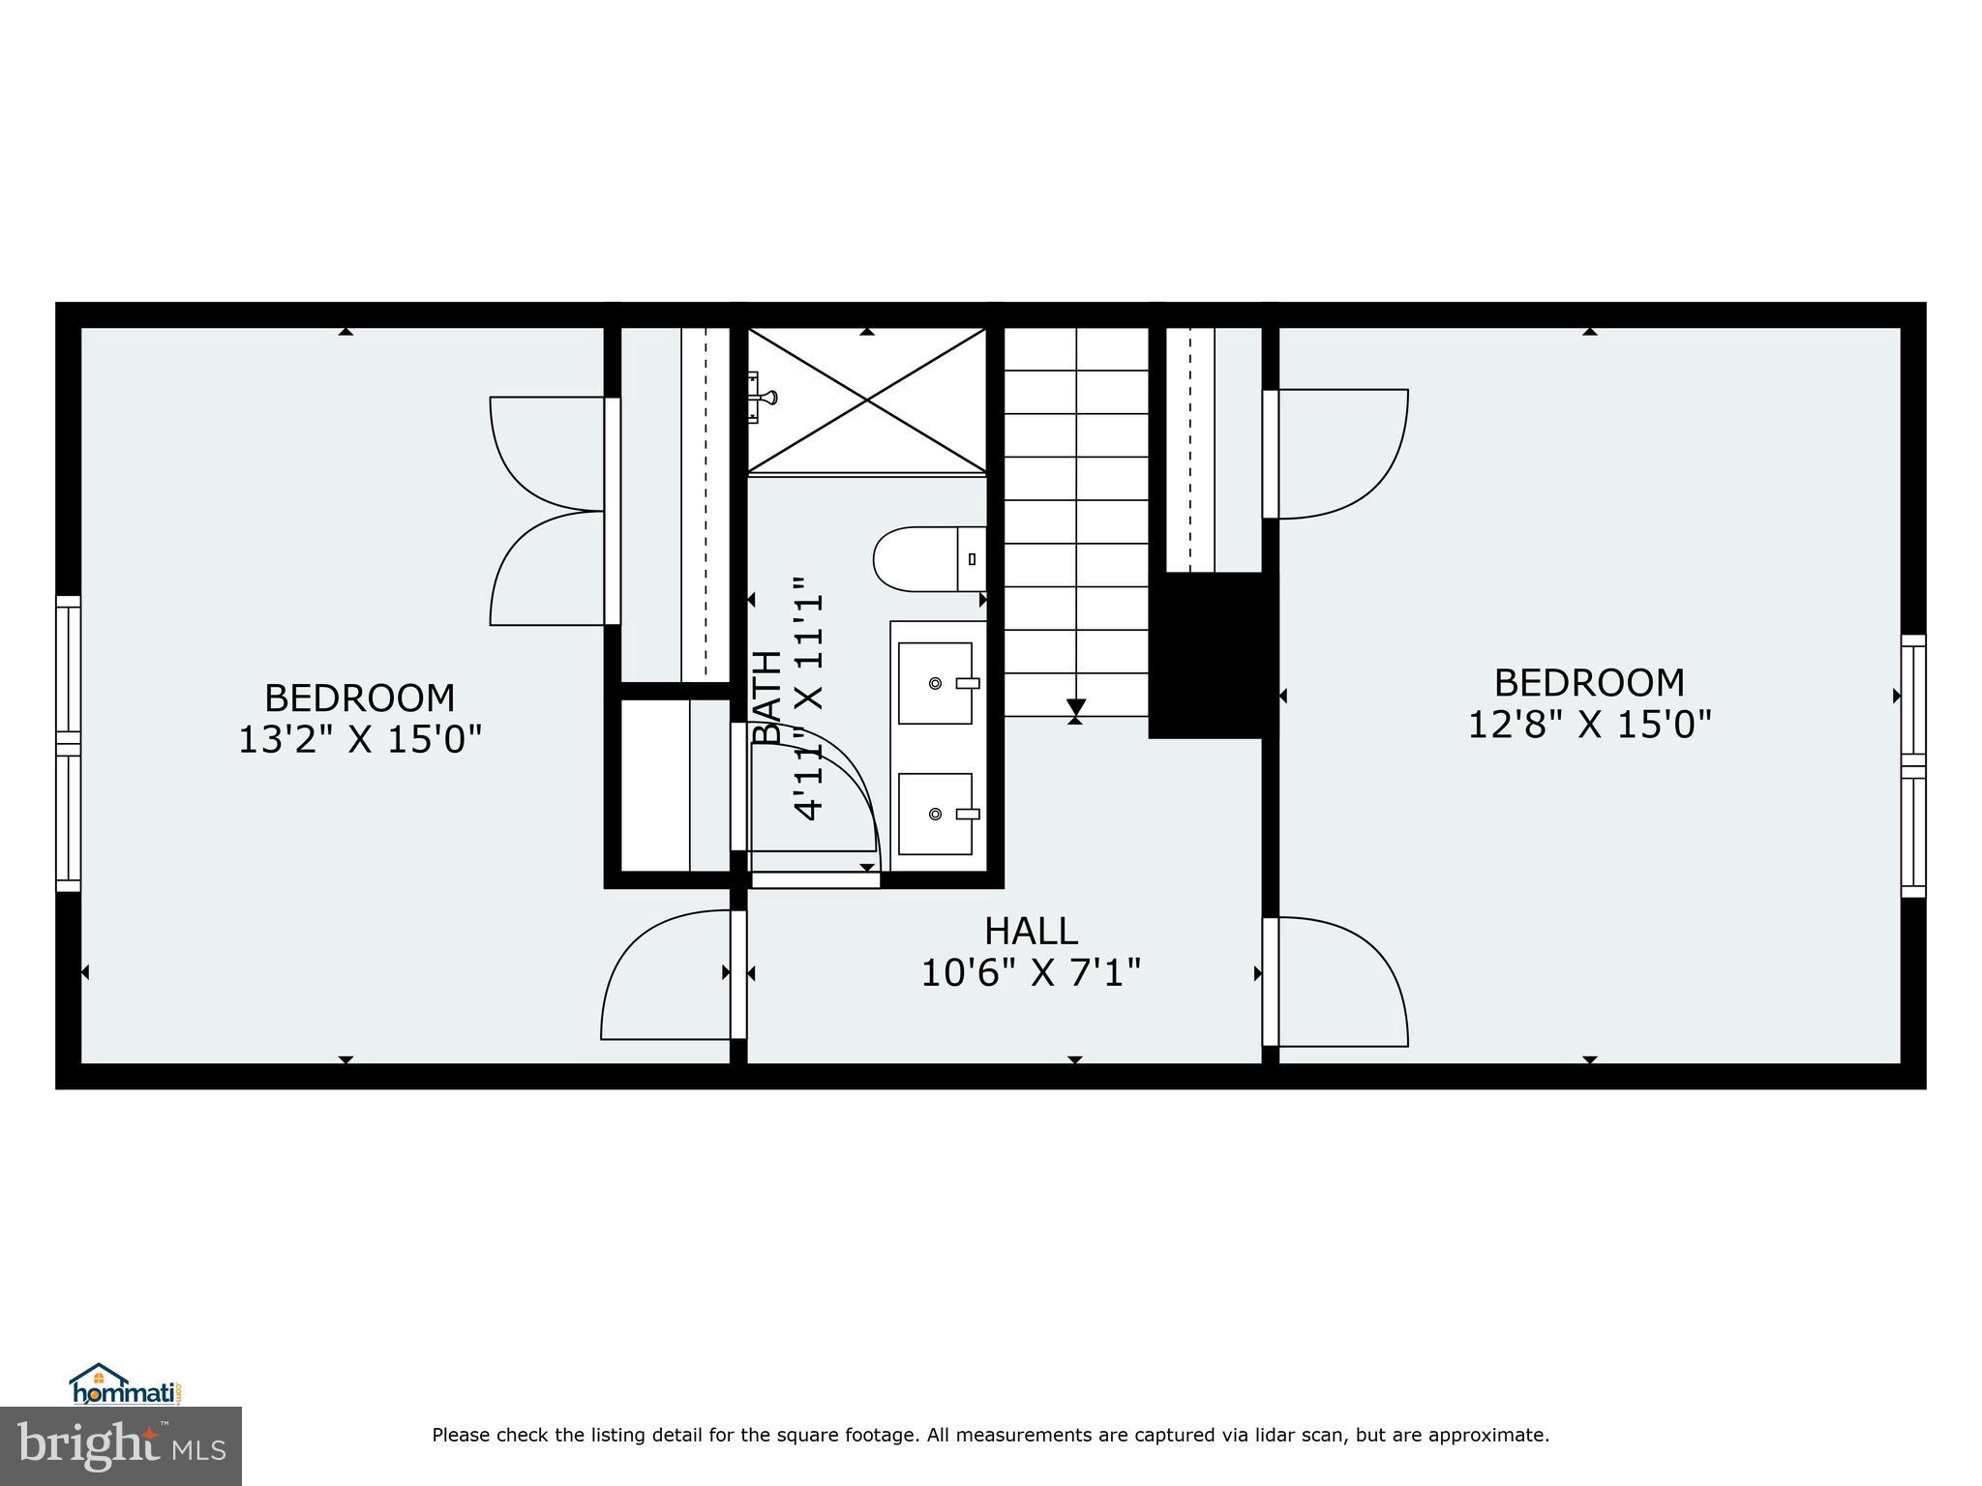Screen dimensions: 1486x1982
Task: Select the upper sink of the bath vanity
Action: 935,683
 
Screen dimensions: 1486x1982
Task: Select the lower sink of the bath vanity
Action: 935,814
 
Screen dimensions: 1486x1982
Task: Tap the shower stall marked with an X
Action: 867,401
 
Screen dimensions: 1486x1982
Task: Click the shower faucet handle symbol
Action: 764,397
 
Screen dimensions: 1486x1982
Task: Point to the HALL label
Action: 1031,931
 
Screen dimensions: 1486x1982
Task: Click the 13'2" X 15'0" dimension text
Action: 360,740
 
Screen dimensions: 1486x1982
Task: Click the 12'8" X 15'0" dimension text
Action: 1589,724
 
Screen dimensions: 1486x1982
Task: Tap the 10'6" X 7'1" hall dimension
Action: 1031,972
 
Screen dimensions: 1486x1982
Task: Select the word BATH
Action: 767,697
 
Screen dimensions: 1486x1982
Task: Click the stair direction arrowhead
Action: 1075,707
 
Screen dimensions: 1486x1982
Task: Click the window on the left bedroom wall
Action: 68,743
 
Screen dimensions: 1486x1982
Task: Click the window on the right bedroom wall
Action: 1912,766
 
